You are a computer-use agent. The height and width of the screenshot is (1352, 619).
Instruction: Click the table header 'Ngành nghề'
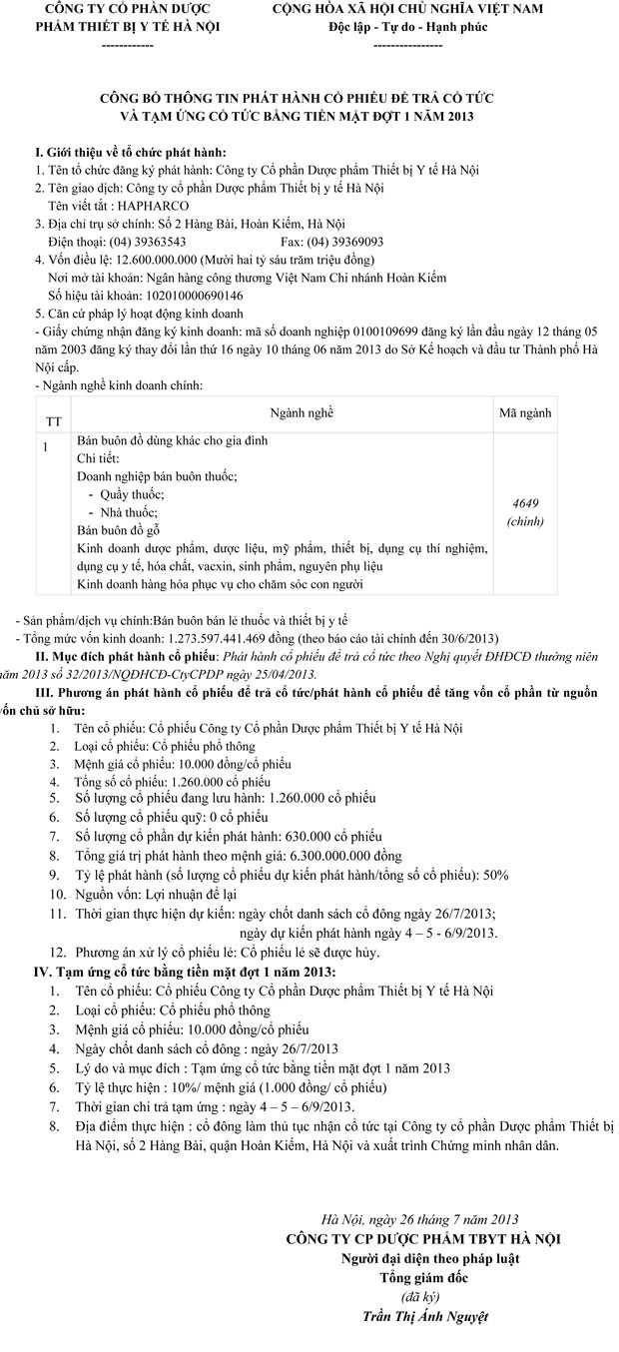pyautogui.click(x=302, y=411)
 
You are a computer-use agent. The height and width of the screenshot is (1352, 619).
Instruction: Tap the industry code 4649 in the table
pyautogui.click(x=524, y=504)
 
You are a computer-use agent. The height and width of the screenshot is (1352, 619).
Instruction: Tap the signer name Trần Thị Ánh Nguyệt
pyautogui.click(x=426, y=1316)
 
